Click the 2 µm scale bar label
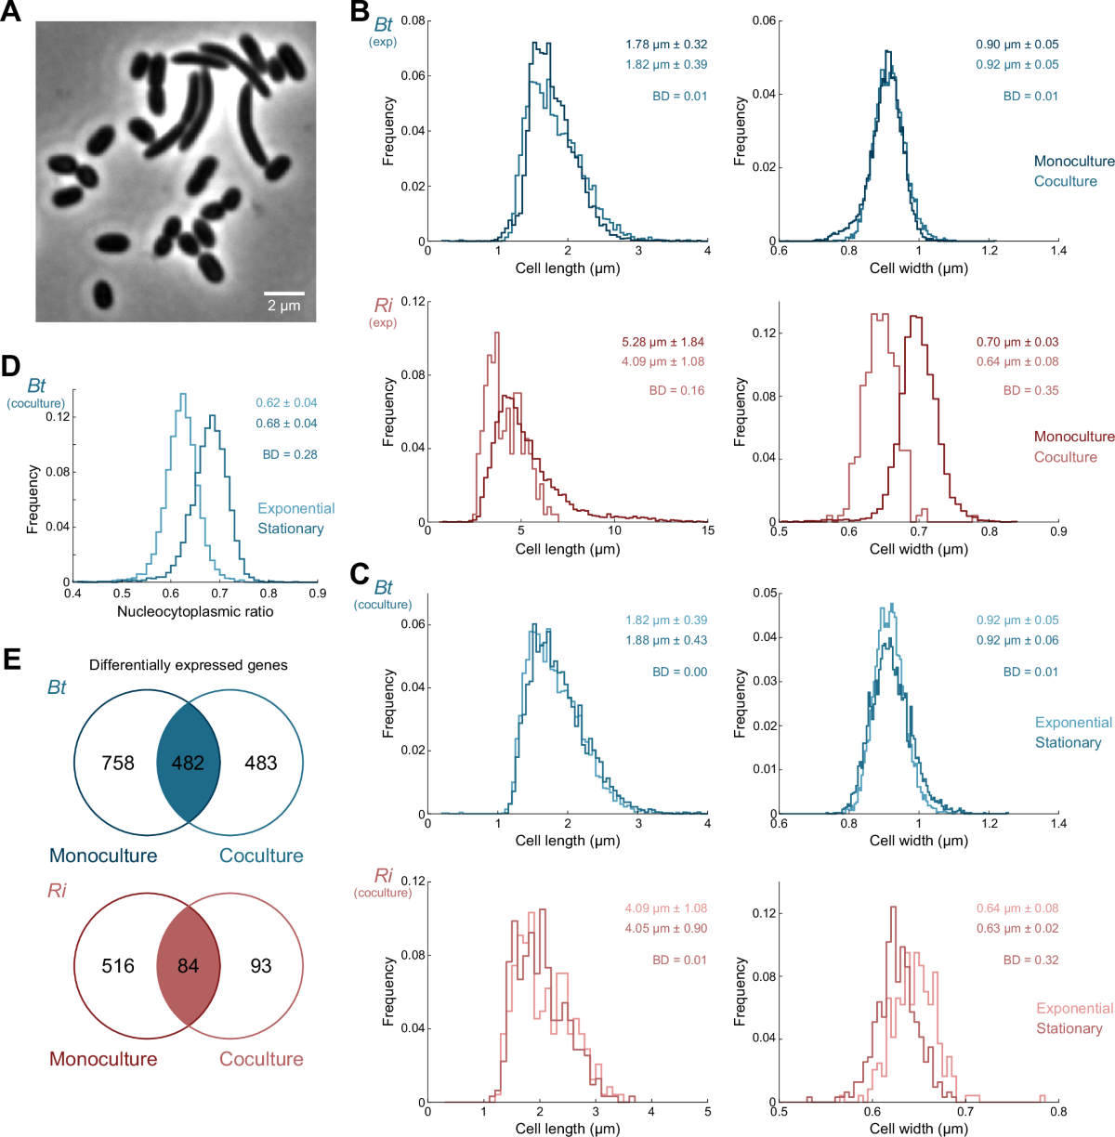click(x=284, y=306)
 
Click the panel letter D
click(x=11, y=366)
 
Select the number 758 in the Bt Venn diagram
click(x=118, y=763)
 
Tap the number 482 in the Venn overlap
click(x=188, y=763)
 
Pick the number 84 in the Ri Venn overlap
click(x=188, y=966)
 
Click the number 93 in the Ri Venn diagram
click(x=261, y=966)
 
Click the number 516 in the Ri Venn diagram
click(x=118, y=966)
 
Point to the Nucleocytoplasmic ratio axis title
click(x=195, y=611)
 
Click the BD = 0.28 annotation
click(x=290, y=454)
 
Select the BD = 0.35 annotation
click(x=1030, y=390)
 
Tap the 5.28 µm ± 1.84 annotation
click(x=662, y=342)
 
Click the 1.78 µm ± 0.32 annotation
click(x=666, y=44)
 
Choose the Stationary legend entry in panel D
click(x=291, y=529)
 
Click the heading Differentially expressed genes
click(x=189, y=665)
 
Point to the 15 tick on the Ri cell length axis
click(x=707, y=530)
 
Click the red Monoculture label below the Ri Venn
click(x=103, y=1059)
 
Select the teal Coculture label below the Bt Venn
click(x=261, y=856)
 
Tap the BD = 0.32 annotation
click(x=1030, y=960)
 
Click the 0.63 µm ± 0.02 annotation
click(x=1017, y=928)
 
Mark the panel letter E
click(x=11, y=659)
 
